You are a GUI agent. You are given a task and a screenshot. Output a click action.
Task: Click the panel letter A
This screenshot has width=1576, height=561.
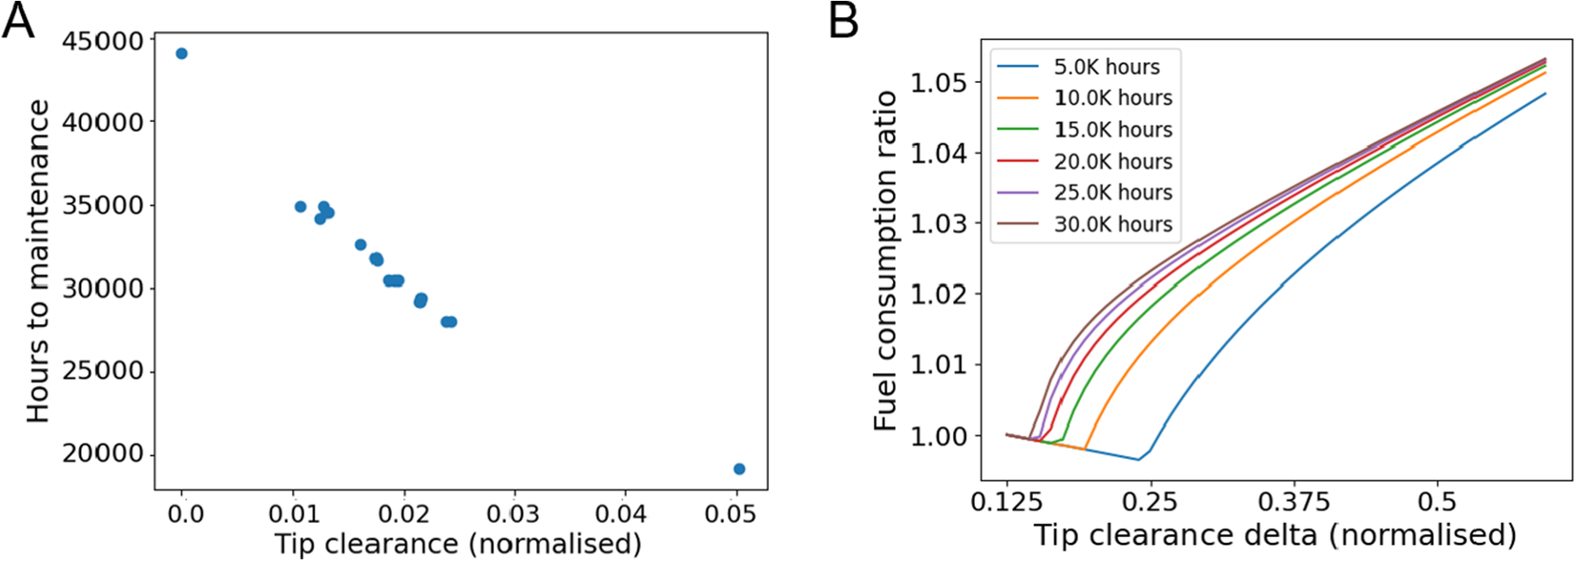coord(18,21)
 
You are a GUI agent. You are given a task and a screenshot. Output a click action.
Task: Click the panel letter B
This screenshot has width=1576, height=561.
coord(844,21)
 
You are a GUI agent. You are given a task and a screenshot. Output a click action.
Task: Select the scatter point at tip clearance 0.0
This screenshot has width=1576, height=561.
coord(181,53)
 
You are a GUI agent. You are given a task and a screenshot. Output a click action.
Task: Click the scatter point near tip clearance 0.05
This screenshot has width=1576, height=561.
coord(739,468)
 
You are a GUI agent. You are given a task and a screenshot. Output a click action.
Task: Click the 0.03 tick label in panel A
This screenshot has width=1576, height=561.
coord(515,513)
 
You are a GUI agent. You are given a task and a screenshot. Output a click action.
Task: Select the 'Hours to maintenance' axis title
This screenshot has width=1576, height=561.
coord(38,261)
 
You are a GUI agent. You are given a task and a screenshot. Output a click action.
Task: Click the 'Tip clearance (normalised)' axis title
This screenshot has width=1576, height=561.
coord(458,544)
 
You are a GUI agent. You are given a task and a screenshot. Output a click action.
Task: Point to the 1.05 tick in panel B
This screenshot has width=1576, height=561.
coord(939,82)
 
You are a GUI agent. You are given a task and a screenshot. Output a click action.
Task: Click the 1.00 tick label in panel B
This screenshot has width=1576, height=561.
coord(939,435)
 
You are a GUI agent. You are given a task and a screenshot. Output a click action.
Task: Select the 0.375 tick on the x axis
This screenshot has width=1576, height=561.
coord(1295,502)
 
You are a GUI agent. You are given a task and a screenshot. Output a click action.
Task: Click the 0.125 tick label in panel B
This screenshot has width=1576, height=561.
coord(1006,502)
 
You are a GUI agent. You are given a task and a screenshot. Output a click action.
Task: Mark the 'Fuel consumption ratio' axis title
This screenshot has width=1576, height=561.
coord(886,260)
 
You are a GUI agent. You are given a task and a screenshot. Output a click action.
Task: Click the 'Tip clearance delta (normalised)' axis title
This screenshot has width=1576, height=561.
coord(1275,534)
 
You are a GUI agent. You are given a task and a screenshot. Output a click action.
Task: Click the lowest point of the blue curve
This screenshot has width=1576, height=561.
coord(1138,460)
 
